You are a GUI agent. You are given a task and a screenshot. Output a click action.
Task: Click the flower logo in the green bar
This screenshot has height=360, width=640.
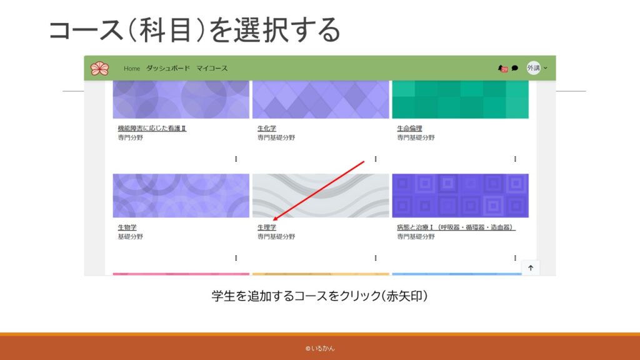[99, 68]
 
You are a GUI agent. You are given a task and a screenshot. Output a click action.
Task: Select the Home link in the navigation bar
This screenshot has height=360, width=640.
[132, 69]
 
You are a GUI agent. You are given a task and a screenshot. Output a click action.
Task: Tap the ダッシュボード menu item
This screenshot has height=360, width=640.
[168, 68]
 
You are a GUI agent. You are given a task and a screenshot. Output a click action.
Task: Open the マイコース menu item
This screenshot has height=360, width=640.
[212, 68]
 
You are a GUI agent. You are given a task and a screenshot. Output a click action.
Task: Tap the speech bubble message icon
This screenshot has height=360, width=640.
[515, 68]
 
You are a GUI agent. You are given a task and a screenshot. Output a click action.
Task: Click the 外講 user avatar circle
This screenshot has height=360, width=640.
[533, 67]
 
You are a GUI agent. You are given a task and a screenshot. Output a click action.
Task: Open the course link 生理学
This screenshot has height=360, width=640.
[266, 227]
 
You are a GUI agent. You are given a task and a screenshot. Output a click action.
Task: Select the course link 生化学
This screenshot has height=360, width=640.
[266, 128]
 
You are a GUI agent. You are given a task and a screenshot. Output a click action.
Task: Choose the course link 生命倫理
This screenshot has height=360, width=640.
[409, 128]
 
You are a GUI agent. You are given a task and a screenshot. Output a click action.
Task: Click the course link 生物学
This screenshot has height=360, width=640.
[127, 227]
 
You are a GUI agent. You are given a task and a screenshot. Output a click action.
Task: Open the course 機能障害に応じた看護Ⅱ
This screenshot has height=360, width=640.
[152, 128]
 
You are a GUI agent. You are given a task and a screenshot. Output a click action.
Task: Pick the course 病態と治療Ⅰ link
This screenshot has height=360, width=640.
[456, 227]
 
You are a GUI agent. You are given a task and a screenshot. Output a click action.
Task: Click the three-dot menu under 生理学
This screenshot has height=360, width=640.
[376, 258]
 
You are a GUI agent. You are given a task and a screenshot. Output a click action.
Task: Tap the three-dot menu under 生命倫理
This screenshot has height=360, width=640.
[515, 159]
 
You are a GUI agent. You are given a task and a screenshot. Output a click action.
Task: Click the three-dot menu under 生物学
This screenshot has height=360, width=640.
[236, 258]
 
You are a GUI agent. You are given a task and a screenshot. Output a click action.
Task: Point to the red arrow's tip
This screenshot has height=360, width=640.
[272, 221]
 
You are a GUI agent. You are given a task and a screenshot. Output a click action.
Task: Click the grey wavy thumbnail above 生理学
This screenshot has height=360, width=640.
[321, 196]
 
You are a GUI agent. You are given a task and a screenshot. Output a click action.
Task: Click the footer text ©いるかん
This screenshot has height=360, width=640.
[320, 348]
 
